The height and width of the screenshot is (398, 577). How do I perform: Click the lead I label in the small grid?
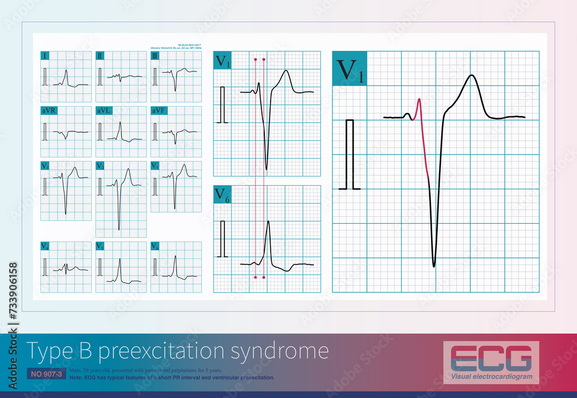[x=45, y=56]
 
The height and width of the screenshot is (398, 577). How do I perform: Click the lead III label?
[x=155, y=56]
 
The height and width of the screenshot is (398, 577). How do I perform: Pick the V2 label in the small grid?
[x=100, y=166]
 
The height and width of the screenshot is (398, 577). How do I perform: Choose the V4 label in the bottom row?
[x=45, y=246]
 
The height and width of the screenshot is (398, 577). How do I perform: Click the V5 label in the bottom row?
[x=100, y=246]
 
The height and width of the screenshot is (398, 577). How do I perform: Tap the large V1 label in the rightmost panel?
[x=349, y=70]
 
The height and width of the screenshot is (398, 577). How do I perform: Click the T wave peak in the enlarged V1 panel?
[x=473, y=76]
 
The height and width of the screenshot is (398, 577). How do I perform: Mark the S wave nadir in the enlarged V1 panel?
[x=433, y=266]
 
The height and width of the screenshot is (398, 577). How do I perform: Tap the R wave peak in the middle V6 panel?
[x=268, y=222]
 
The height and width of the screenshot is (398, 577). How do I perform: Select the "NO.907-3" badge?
[x=44, y=374]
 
